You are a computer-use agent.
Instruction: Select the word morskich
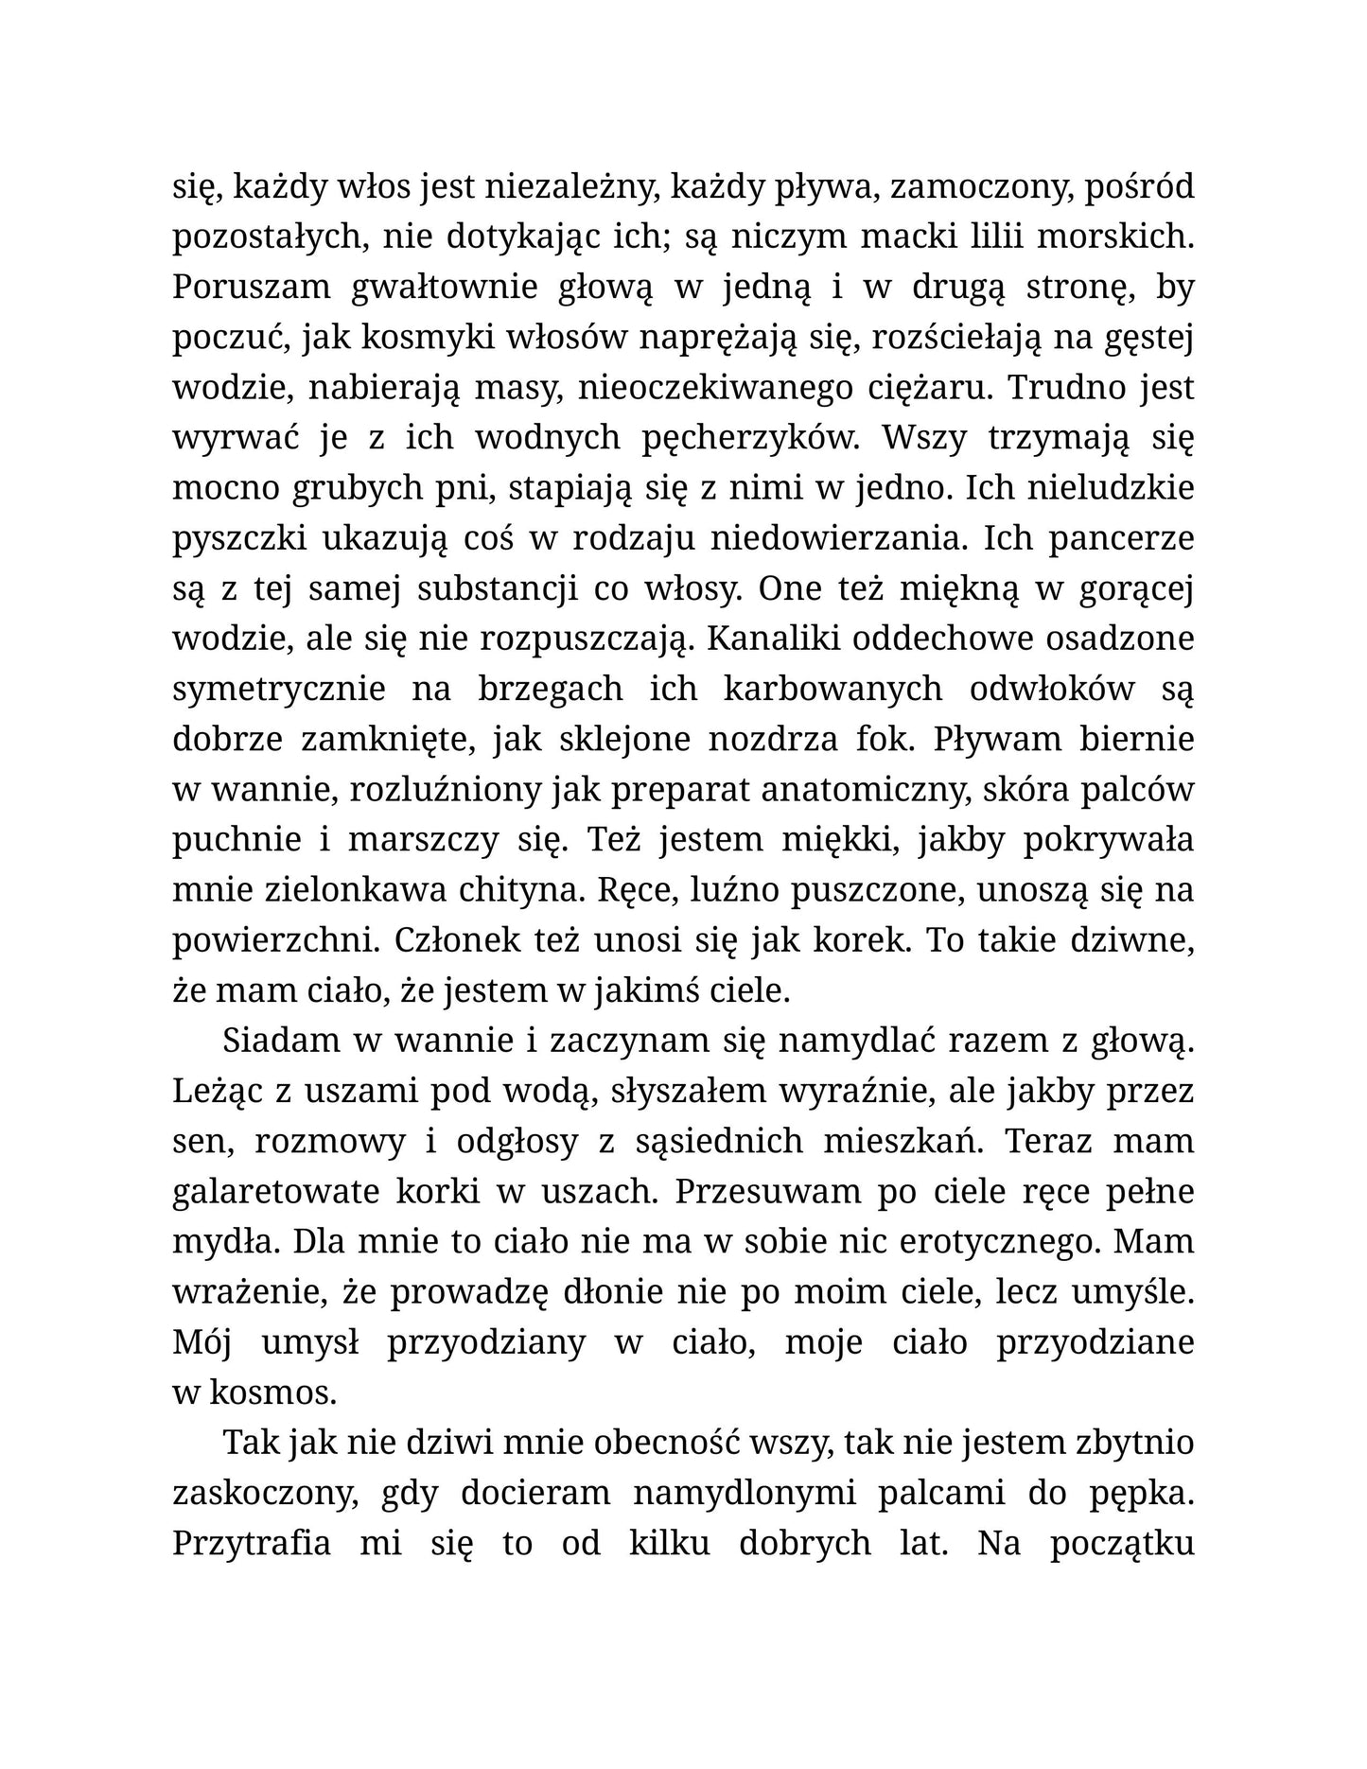coord(1115,236)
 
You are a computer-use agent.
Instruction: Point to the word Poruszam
coord(252,288)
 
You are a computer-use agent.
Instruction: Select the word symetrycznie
coord(279,689)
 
